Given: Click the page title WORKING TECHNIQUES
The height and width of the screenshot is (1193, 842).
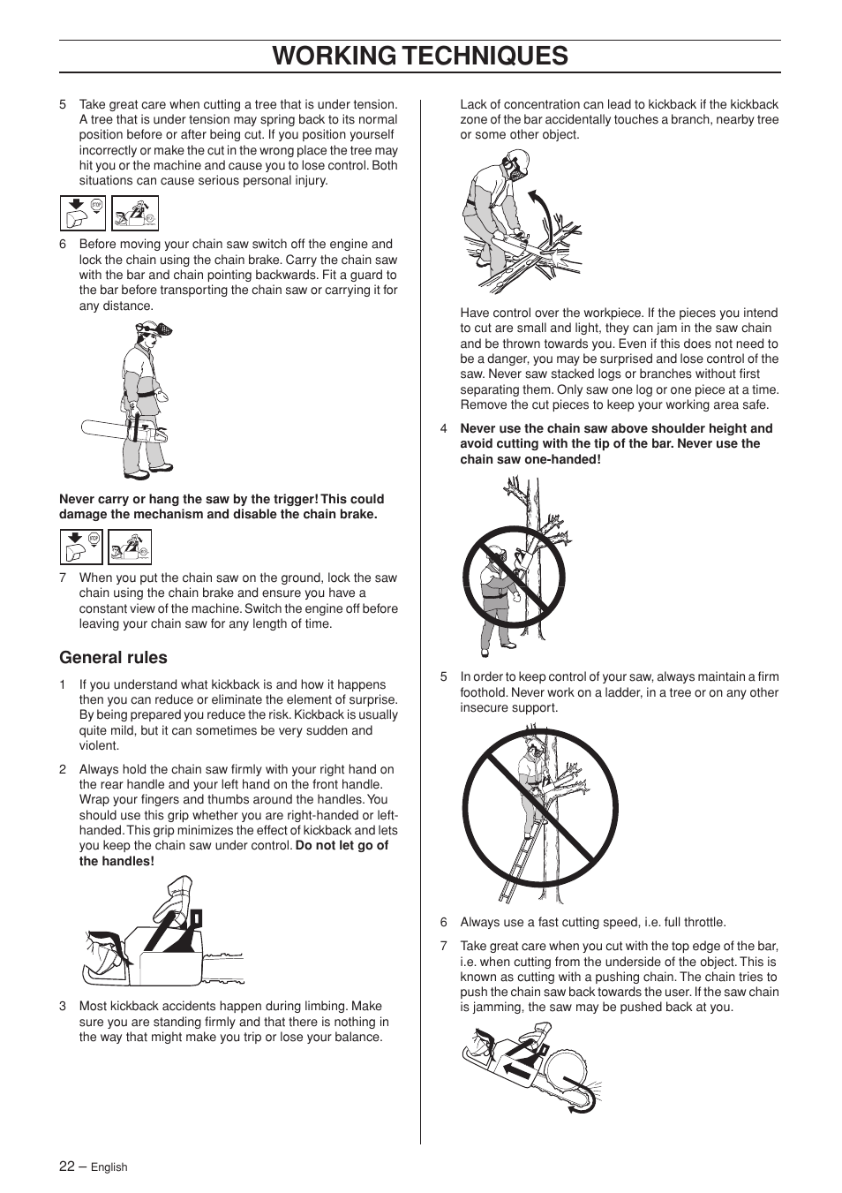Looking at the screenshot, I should tap(420, 56).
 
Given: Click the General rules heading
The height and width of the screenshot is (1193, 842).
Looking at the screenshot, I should tap(113, 657).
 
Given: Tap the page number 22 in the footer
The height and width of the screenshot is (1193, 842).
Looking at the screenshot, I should tap(67, 1166).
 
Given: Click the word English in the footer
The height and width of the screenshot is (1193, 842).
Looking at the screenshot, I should tap(109, 1167).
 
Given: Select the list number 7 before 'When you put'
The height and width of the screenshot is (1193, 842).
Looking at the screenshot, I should tap(63, 578).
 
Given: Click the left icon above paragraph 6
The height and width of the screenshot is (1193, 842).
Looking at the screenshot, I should tap(83, 214).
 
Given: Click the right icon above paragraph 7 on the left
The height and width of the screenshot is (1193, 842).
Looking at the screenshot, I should tap(130, 547).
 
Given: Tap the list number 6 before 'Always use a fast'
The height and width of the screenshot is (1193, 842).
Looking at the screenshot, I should tap(444, 922).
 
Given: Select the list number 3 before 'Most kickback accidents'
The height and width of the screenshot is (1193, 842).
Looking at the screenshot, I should tap(63, 1006).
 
